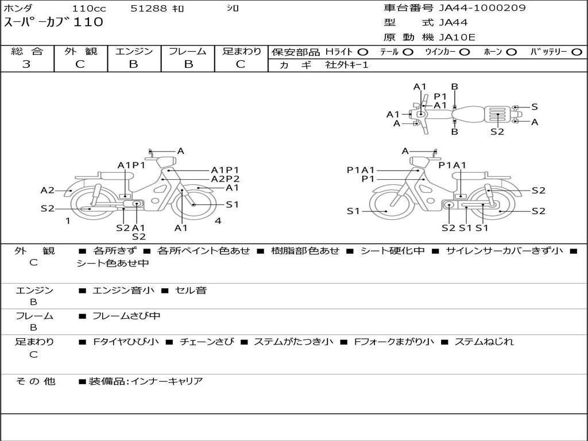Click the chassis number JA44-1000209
coord(482,8)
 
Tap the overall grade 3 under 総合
coord(26,64)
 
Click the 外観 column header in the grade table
coord(80,51)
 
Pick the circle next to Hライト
coord(363,52)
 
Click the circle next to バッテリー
coord(577,52)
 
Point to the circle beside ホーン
coord(512,52)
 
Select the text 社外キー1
coord(347,65)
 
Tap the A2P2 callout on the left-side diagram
coord(225,179)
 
